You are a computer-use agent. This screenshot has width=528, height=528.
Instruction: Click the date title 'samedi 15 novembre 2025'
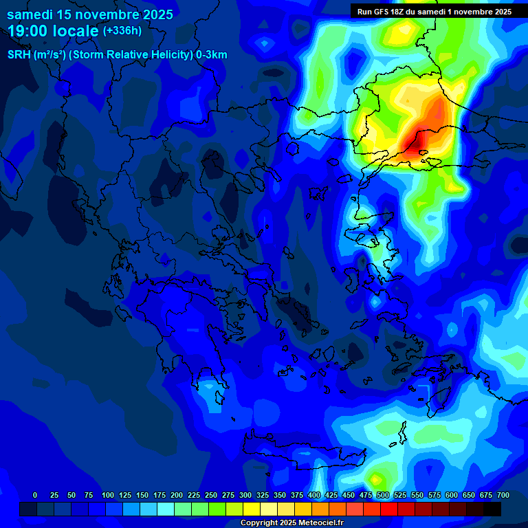(x=90, y=14)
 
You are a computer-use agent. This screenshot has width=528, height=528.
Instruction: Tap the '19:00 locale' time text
(x=53, y=31)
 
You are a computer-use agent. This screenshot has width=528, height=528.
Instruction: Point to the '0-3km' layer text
(x=212, y=55)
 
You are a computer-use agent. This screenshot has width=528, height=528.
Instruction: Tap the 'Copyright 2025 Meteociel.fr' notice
(x=291, y=522)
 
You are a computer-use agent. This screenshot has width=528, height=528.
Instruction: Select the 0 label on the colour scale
(x=35, y=495)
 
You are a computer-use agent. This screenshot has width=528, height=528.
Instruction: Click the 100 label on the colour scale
(x=108, y=495)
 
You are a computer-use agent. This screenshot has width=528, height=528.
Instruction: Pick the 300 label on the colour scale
(x=245, y=495)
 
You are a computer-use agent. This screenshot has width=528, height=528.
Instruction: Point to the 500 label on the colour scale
(x=383, y=495)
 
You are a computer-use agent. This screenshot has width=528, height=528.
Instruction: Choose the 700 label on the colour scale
(x=503, y=495)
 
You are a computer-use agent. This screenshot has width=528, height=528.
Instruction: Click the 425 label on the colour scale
(x=331, y=495)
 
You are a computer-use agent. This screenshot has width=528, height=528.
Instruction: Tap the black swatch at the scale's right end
(x=492, y=509)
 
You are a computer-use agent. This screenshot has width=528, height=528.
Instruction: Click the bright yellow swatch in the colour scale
(x=252, y=509)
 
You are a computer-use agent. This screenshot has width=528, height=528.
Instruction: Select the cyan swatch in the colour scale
(x=166, y=509)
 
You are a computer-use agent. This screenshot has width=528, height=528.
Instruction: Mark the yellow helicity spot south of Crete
(x=375, y=478)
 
